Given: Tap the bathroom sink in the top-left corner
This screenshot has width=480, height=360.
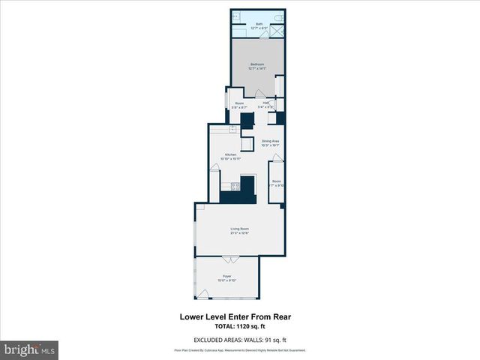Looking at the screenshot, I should click(235, 16).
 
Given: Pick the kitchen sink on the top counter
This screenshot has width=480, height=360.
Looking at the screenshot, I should click(232, 129).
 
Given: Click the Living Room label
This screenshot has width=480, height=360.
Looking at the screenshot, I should click(239, 229).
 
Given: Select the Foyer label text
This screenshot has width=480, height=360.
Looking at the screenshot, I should click(227, 278).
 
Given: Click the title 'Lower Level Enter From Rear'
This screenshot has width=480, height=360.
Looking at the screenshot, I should click(235, 317).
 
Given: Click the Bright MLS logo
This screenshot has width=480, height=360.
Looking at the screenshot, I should click(30, 349).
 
